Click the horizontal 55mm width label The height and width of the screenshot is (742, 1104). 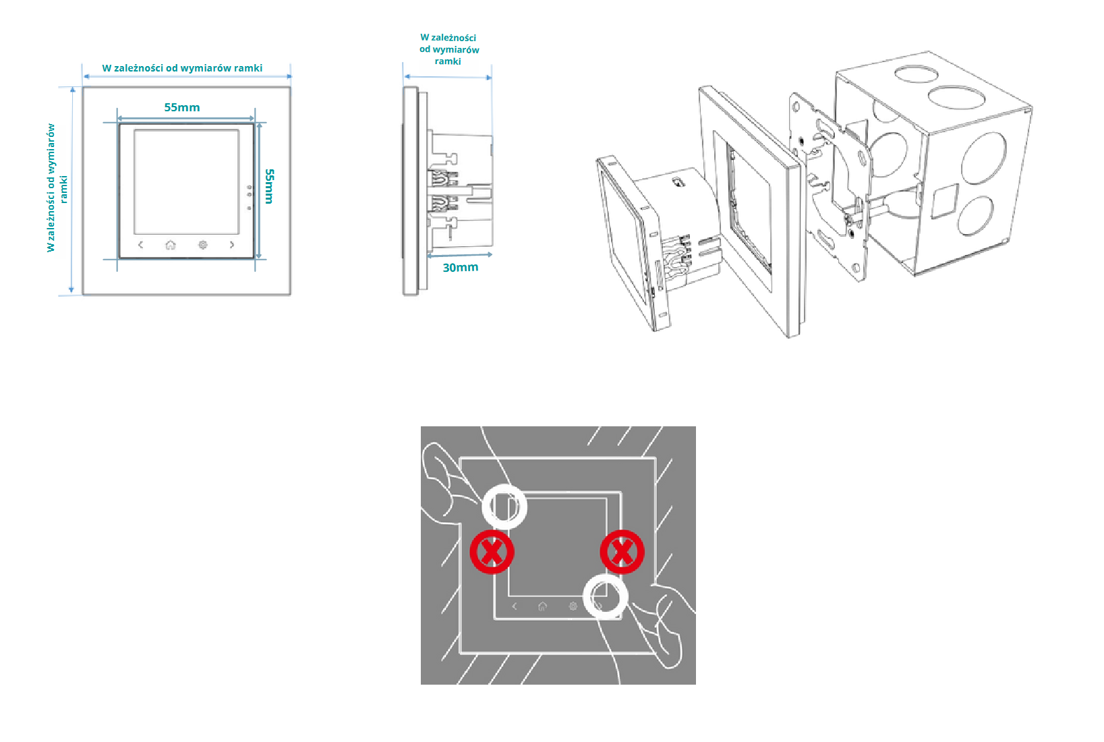[x=182, y=107]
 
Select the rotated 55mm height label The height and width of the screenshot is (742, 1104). [x=269, y=186]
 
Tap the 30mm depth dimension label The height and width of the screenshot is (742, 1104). [x=460, y=268]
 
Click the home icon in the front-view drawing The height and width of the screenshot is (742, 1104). [x=171, y=245]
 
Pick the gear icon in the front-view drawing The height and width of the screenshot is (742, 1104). [x=202, y=245]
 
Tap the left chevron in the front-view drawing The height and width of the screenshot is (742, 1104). [x=140, y=245]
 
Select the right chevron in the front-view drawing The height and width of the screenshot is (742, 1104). [x=232, y=245]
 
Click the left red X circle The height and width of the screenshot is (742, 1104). [x=492, y=552]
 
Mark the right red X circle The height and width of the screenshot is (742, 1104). [x=622, y=552]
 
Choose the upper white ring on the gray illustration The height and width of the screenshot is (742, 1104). [x=504, y=507]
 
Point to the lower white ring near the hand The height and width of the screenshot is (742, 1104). [x=605, y=596]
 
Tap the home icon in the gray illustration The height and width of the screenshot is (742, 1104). [x=542, y=606]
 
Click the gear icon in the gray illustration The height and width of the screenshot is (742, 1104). [x=573, y=606]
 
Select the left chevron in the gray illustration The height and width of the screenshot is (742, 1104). [x=515, y=606]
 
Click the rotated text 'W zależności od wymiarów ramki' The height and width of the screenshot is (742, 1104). [x=57, y=188]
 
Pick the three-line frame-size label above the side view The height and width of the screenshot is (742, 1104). [x=448, y=49]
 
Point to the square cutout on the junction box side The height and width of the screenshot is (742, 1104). [x=944, y=201]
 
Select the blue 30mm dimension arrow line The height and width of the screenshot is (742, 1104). [x=459, y=256]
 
